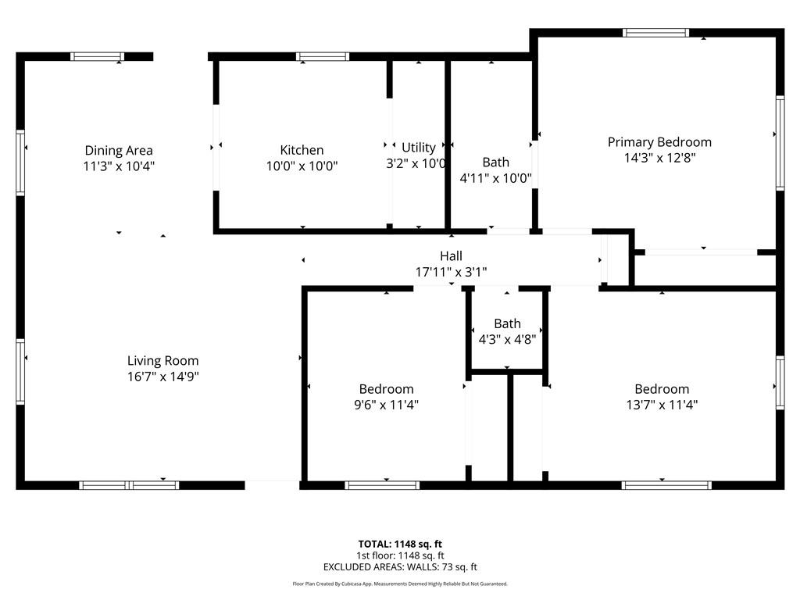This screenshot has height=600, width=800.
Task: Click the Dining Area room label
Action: coord(119,150)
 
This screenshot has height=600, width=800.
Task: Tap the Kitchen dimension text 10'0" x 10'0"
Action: coord(302,166)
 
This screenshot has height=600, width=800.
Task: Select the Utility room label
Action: coord(419,147)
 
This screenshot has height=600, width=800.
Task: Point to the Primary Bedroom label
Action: coord(659,142)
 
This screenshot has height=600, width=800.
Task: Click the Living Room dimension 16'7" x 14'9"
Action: coord(162,377)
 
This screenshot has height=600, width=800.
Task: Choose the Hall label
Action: coord(451,255)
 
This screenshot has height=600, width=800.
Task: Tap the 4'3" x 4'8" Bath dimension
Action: coord(506,339)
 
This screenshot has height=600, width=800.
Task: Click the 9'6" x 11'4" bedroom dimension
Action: coord(386,405)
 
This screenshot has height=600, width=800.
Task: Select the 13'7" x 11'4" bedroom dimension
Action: coord(661,405)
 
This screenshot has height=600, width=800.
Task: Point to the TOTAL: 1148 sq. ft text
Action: coord(400,544)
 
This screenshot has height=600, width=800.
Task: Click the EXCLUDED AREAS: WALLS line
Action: coord(400,567)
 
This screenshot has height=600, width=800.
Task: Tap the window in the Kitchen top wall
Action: coord(323,56)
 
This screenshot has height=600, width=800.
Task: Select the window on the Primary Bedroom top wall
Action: coord(656,33)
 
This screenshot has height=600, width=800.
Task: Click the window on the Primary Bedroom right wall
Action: coord(779,142)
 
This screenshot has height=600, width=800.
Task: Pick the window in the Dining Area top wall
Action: coord(97,56)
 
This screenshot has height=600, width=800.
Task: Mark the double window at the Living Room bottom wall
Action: coord(130,485)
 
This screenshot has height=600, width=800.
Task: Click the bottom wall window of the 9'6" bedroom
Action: coord(383,485)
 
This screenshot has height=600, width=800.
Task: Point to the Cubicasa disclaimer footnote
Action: coord(400,584)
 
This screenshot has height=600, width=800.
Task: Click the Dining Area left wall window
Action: coord(21,162)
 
